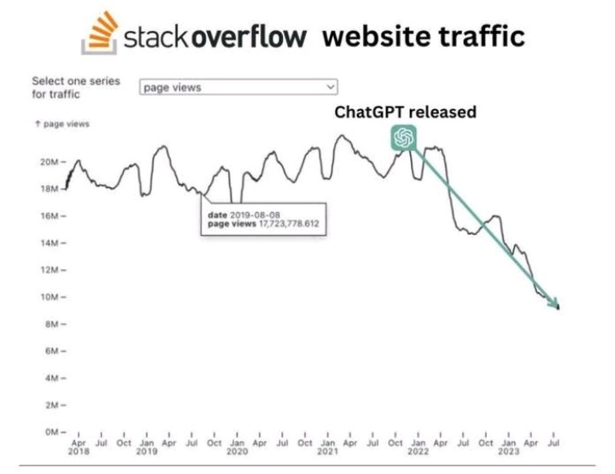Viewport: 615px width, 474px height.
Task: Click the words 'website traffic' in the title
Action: (425, 38)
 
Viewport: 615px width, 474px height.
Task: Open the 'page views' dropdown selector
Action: (238, 87)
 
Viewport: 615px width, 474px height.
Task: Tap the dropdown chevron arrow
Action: (330, 87)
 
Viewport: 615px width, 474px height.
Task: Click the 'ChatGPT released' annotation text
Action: (404, 112)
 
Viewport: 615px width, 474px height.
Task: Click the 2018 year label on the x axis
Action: (79, 451)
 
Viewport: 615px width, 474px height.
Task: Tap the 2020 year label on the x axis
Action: (237, 451)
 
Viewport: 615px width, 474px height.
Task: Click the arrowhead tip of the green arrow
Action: (558, 307)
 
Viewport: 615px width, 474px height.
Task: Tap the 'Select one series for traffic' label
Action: (75, 87)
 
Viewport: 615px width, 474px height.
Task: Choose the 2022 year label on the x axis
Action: (417, 451)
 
